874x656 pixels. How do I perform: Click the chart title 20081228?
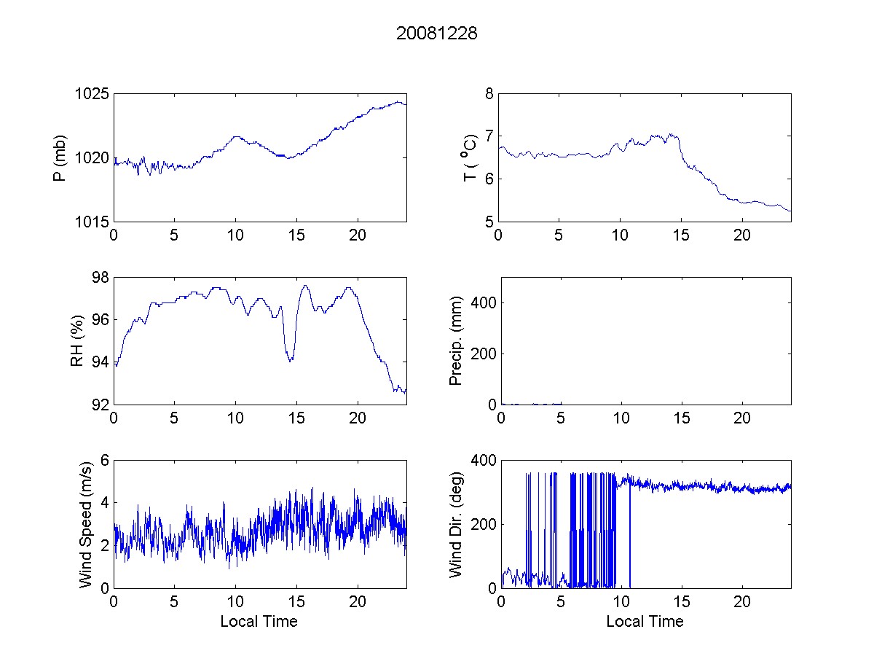coord(436,34)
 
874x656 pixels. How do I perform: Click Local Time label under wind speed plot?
coord(259,622)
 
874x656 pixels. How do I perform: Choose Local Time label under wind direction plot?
coord(645,622)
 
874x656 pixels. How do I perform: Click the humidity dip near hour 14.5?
coord(290,360)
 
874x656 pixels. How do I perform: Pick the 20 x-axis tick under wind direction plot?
coord(742,601)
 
